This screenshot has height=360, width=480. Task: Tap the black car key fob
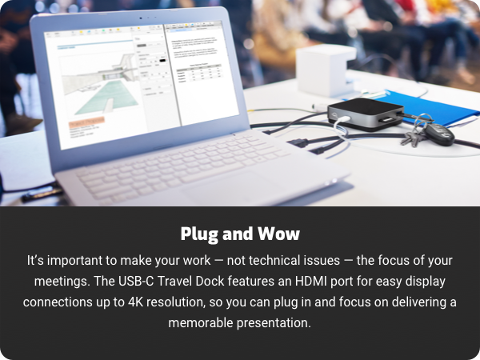tap(438, 131)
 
